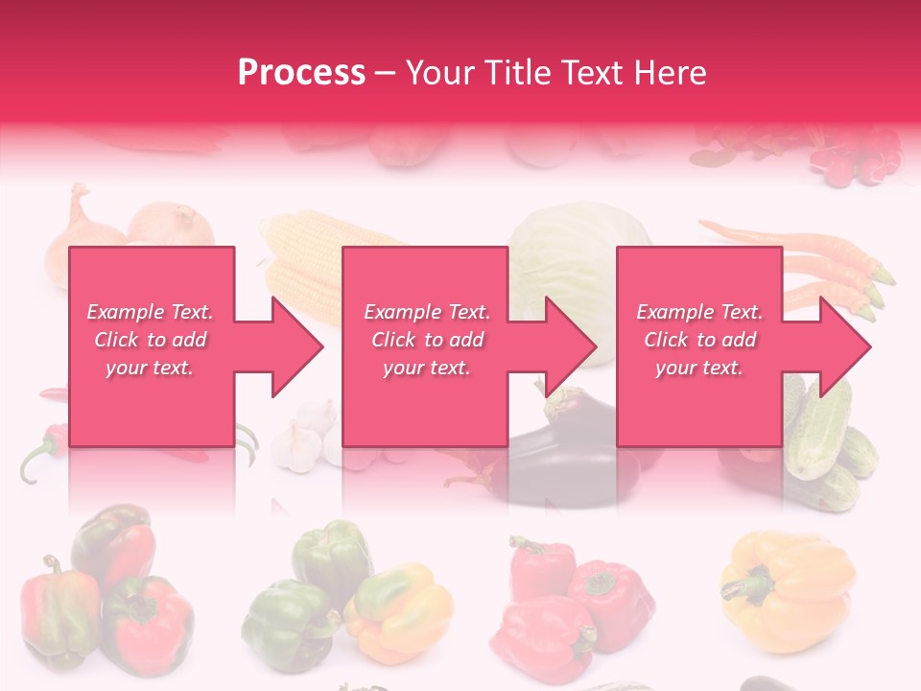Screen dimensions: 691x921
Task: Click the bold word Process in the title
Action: point(301,72)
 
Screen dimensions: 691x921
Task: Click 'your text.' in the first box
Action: point(150,367)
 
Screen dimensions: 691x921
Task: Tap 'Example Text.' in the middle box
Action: point(427,312)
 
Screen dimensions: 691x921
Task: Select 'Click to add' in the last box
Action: point(700,340)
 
